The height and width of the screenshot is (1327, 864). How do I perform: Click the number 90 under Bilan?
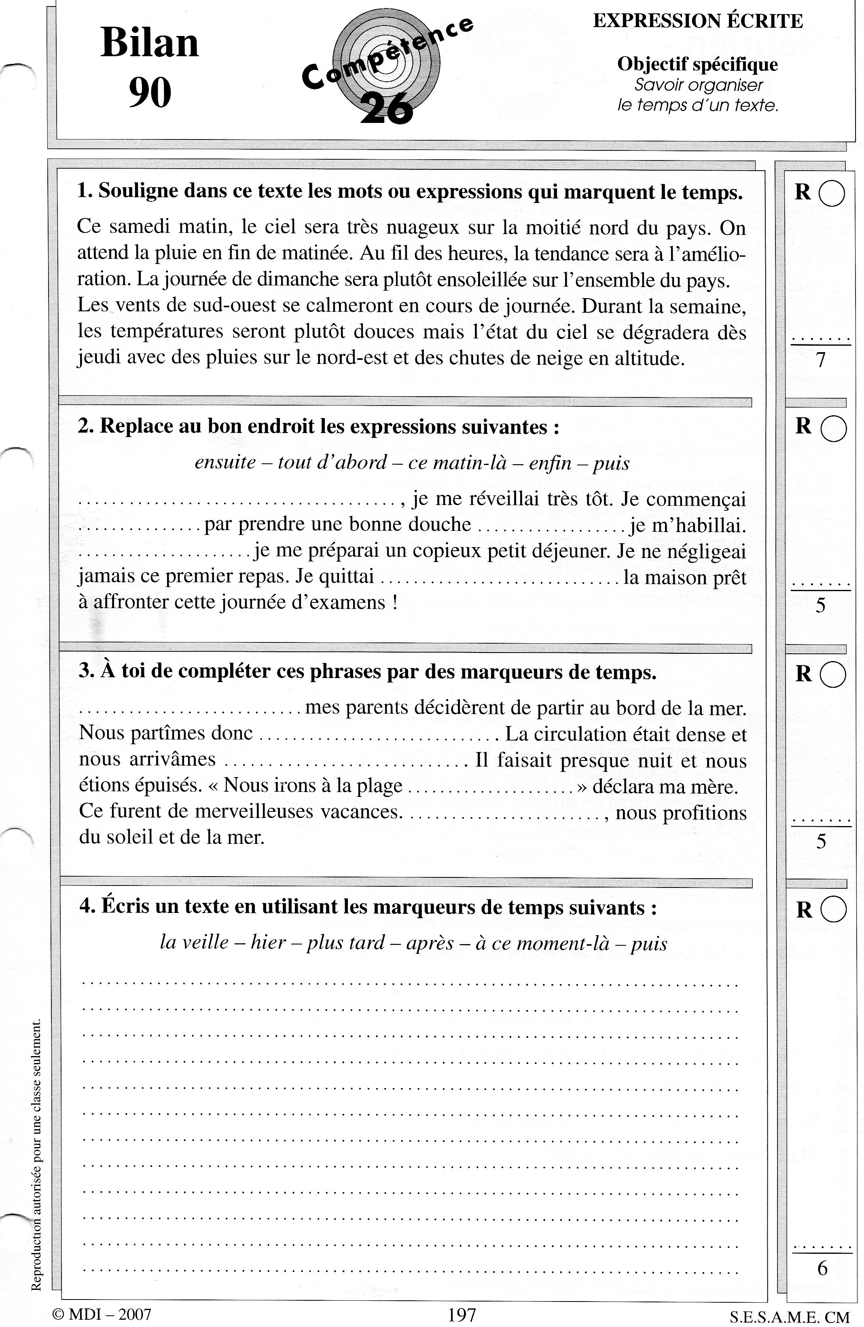150,93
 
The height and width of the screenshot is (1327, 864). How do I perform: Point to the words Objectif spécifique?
697,65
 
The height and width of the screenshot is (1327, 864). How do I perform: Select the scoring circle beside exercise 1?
832,194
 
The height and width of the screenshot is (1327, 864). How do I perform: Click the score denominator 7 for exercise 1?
820,361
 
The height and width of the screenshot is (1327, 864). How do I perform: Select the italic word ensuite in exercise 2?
224,462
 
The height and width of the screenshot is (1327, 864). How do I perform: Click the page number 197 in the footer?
462,1314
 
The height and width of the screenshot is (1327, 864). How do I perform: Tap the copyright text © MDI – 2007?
102,1314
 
